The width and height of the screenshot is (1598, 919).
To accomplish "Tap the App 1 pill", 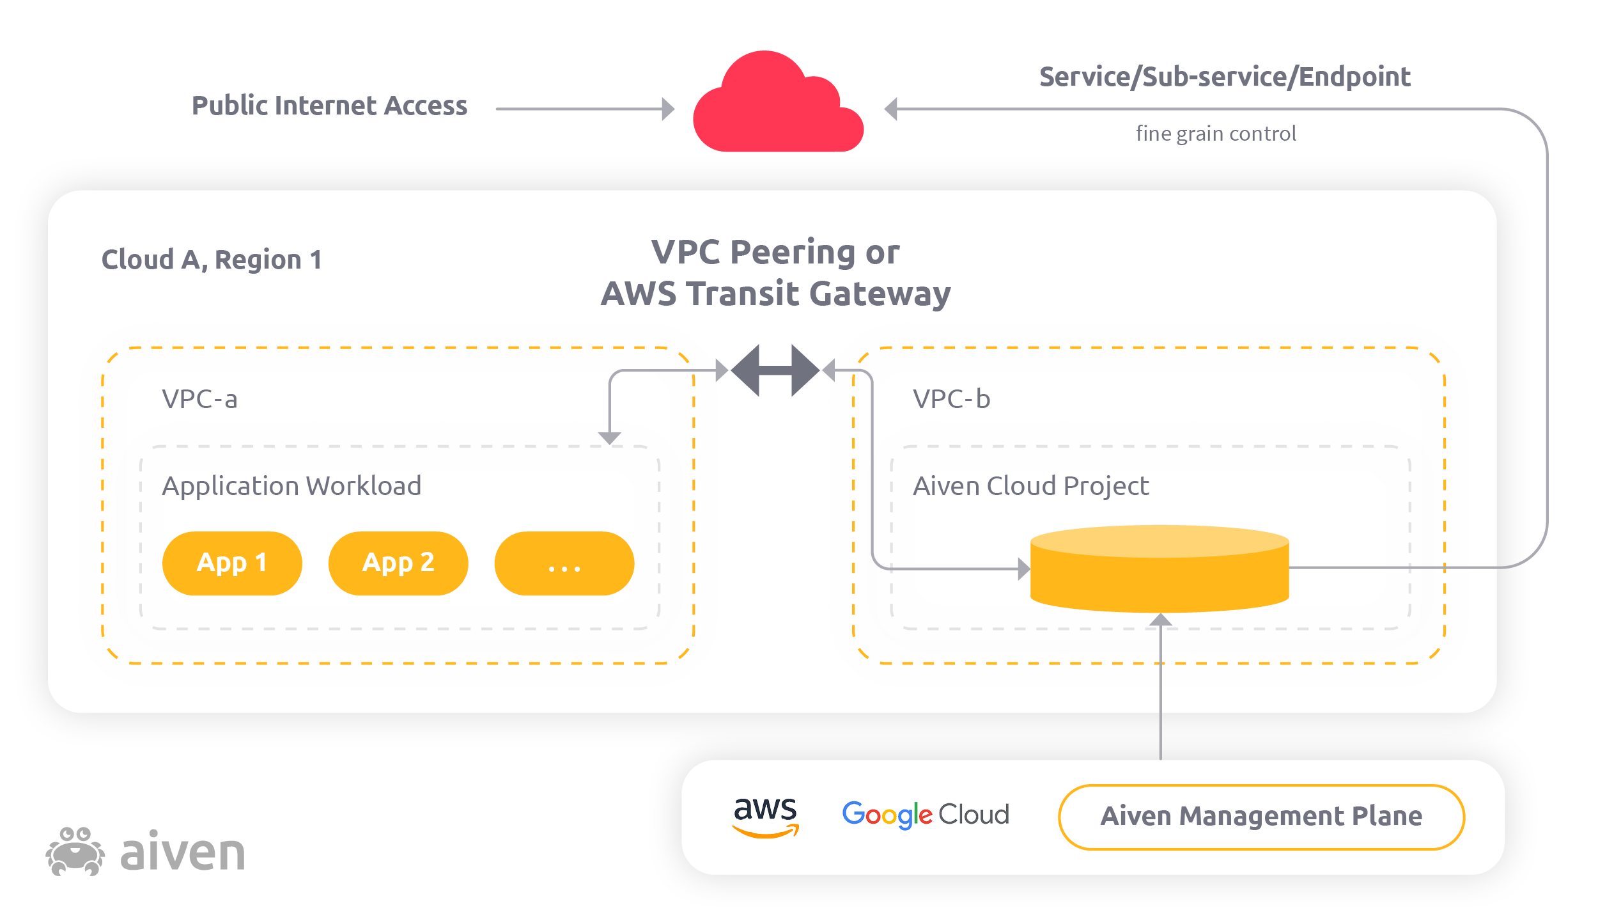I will [x=232, y=563].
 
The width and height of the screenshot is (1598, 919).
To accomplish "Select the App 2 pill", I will [x=398, y=563].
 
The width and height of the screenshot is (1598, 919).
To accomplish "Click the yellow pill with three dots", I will [x=564, y=563].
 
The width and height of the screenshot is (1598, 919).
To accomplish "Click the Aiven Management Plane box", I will [x=1261, y=817].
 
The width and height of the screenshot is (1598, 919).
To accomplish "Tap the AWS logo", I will [x=765, y=815].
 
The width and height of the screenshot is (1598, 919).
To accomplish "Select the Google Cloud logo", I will [x=925, y=815].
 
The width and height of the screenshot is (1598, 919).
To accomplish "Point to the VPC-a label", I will [x=199, y=399].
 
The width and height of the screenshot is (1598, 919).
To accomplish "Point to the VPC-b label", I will [x=951, y=399].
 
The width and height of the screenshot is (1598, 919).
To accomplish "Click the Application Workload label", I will [x=291, y=486].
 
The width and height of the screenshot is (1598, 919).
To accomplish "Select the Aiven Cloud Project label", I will [x=1030, y=486].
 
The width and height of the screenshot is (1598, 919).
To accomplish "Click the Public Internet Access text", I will [x=329, y=106].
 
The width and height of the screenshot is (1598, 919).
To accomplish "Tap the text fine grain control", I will [x=1216, y=134].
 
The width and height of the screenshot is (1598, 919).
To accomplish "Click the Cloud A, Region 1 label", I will [x=212, y=260].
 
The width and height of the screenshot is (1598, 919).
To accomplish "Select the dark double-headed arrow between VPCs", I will [x=775, y=370].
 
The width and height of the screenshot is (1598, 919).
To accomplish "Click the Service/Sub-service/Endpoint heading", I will [x=1224, y=77].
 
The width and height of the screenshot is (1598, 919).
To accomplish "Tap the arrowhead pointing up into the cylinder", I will [x=1160, y=619].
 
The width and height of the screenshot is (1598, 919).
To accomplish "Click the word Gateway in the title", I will [x=880, y=295].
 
